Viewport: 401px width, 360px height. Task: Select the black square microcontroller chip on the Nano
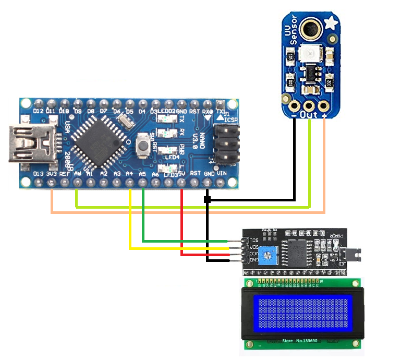(x=101, y=139)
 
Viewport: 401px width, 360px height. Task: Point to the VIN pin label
(x=222, y=173)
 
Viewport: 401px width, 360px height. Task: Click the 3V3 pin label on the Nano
(x=51, y=173)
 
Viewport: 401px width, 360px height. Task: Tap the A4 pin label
(x=129, y=173)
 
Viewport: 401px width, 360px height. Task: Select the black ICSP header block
(x=227, y=144)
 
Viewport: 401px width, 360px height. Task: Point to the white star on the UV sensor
(x=330, y=23)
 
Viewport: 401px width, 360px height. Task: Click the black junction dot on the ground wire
(x=207, y=199)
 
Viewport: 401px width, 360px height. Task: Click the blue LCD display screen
(x=300, y=313)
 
